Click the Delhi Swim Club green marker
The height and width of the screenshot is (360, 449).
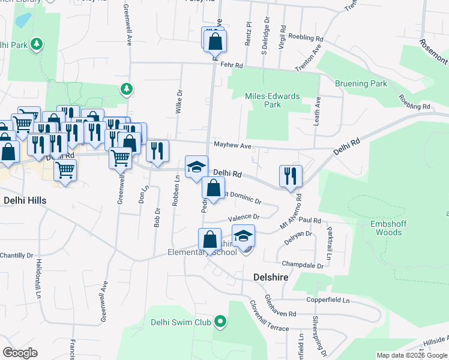point(220,322)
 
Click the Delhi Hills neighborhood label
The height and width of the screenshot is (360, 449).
point(25,199)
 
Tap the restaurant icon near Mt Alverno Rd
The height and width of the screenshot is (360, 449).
point(291,176)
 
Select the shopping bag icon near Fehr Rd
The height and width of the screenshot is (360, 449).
point(215,41)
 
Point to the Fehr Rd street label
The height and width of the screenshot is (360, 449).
point(231,65)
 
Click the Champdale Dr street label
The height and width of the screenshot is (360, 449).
point(303,264)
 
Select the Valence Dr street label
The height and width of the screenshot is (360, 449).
point(244,217)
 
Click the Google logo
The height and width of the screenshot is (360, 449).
point(20,353)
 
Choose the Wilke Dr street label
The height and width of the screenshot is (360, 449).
point(179,101)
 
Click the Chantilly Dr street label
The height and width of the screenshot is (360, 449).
point(16,255)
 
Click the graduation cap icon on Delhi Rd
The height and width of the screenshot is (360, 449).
point(196,167)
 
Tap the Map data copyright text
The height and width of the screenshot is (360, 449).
point(412,355)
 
